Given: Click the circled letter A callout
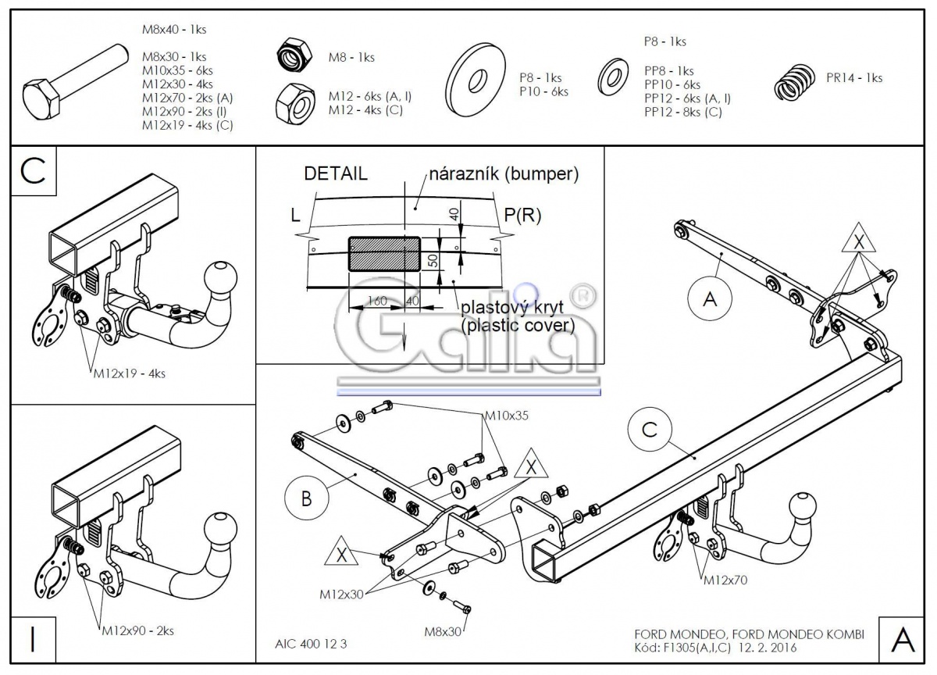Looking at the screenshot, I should pos(709,298).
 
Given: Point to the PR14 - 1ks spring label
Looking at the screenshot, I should pos(854,78).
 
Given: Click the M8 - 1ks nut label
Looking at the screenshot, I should pos(351,57).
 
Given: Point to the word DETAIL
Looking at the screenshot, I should pos(336,174).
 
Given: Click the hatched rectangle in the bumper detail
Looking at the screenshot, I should pos(384,253).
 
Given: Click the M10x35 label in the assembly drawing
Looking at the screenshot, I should pos(506,416).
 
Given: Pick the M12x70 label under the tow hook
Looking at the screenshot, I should pos(725,580).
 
